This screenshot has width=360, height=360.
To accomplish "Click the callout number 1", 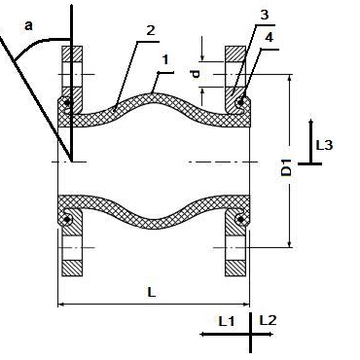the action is point(165,59).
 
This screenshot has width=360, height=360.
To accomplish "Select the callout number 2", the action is point(151,30).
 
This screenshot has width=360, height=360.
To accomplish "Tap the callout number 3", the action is point(265,15).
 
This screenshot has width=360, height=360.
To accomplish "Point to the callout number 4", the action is point(269,37).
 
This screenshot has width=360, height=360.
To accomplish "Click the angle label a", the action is point(28,25).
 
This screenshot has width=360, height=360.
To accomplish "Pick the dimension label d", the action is point(196,74).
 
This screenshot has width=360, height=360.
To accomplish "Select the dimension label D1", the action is point(286,167).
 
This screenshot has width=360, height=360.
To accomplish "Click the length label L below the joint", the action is point(152,292).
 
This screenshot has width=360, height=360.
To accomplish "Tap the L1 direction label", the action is point(226,321).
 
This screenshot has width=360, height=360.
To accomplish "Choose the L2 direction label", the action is point(269,320).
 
